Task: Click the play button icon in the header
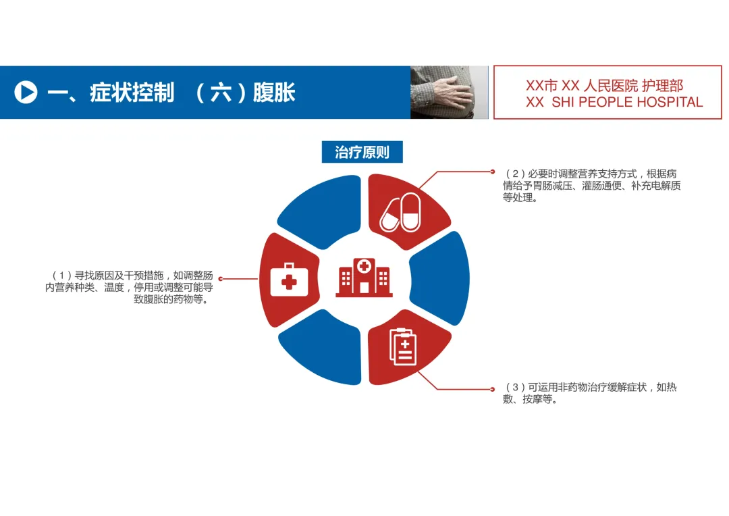click(26, 93)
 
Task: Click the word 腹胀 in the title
click(274, 93)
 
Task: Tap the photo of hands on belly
click(449, 93)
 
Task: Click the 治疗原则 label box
click(362, 152)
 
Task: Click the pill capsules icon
click(400, 211)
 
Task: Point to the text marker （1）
click(61, 276)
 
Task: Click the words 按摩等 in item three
click(540, 399)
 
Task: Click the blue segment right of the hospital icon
click(441, 278)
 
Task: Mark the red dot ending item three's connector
click(492, 389)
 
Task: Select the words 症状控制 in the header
click(132, 93)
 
